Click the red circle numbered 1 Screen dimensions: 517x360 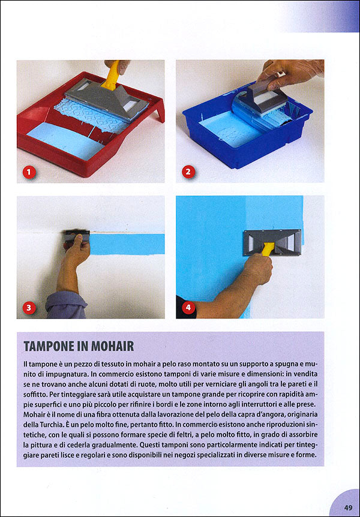(28, 172)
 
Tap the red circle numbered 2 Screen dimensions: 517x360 (188, 172)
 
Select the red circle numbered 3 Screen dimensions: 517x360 (28, 308)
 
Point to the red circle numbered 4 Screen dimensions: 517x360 (188, 308)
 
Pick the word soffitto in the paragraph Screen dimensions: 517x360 (38, 395)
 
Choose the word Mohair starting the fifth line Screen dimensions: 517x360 (37, 415)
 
